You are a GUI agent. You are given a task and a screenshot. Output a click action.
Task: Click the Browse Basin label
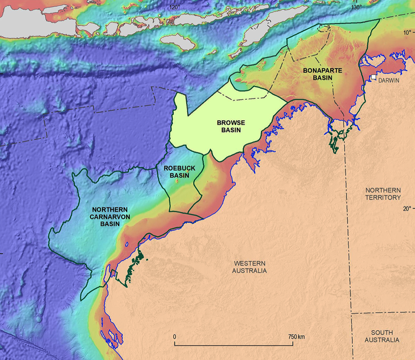231,126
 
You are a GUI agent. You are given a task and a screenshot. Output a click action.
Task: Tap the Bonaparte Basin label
318,74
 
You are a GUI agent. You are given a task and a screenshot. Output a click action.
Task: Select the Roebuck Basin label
179,172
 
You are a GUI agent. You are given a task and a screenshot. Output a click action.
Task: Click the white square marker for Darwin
374,77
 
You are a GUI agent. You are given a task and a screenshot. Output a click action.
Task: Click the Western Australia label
249,267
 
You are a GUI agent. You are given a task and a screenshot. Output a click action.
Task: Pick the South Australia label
382,336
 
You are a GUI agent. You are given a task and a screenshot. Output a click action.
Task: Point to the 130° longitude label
356,7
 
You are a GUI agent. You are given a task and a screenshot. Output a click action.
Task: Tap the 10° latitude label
407,33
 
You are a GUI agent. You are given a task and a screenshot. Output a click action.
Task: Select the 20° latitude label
407,208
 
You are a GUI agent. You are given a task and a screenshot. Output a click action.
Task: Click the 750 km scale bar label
296,336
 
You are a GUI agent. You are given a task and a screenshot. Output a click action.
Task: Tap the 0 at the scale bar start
175,336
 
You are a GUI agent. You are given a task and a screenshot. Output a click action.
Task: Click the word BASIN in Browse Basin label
231,130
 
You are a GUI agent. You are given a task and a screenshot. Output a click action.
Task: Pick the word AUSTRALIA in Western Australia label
249,270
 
